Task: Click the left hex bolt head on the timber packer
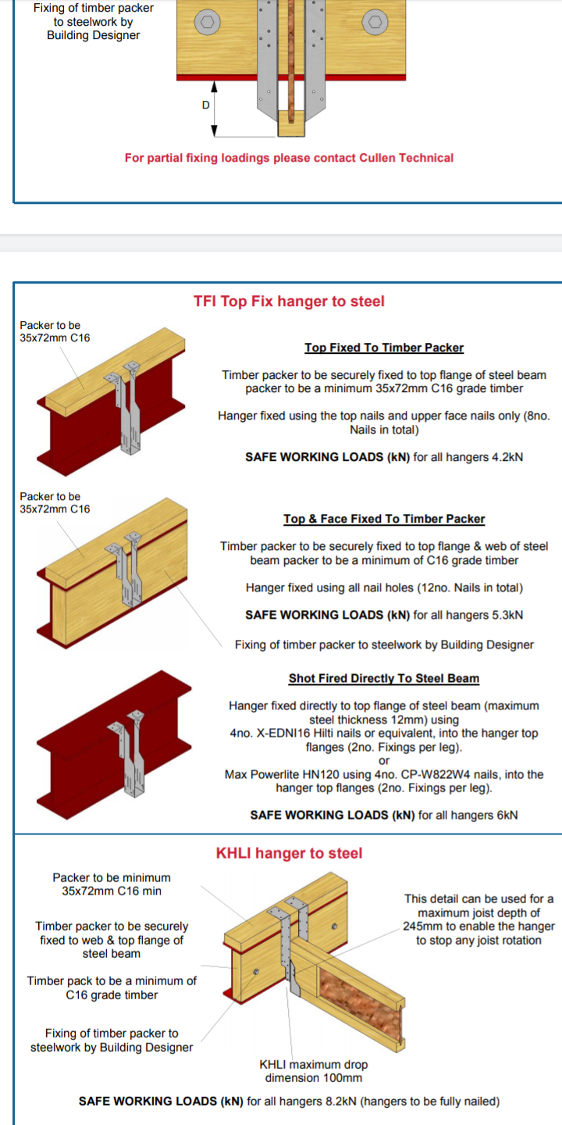(x=208, y=22)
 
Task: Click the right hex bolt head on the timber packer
(x=375, y=22)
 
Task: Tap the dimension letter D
(x=206, y=105)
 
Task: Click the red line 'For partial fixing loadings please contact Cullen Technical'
(x=289, y=158)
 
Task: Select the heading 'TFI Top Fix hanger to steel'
(x=289, y=302)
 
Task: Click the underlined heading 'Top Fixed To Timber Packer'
(x=384, y=348)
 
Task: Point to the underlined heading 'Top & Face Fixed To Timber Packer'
(x=384, y=519)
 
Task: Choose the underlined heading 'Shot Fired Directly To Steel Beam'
(x=384, y=678)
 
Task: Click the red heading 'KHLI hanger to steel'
(x=289, y=853)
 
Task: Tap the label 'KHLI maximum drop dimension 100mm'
(x=314, y=1071)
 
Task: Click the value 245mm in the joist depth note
(x=423, y=926)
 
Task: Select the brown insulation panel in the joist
(x=361, y=1005)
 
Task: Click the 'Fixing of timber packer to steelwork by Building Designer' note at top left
(x=94, y=22)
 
